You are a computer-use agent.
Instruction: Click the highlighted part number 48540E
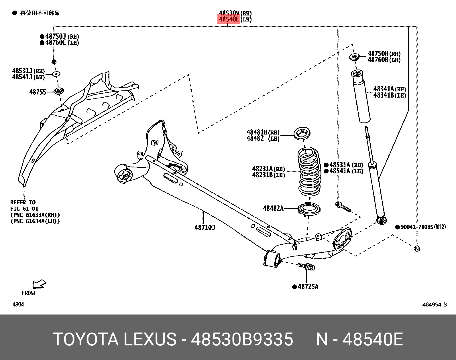click(x=229, y=19)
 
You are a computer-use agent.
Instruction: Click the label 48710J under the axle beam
click(x=205, y=228)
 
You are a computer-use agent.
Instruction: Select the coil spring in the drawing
click(x=309, y=172)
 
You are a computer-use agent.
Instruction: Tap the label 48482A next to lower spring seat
click(x=273, y=208)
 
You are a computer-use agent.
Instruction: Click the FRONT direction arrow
click(x=39, y=284)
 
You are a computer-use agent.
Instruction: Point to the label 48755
click(x=38, y=92)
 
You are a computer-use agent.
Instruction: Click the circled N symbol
click(x=417, y=249)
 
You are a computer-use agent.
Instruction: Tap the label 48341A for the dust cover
click(x=384, y=89)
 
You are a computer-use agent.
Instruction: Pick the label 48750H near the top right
click(x=378, y=54)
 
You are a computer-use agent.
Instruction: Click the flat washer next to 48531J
click(x=56, y=74)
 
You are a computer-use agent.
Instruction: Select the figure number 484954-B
click(x=434, y=304)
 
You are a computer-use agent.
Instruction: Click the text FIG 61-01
click(x=24, y=209)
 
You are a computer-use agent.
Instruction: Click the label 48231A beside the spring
click(x=263, y=169)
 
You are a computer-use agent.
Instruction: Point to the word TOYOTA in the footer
click(x=86, y=339)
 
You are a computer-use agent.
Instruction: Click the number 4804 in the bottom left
click(x=18, y=304)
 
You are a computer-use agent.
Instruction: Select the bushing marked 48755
click(x=59, y=91)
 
